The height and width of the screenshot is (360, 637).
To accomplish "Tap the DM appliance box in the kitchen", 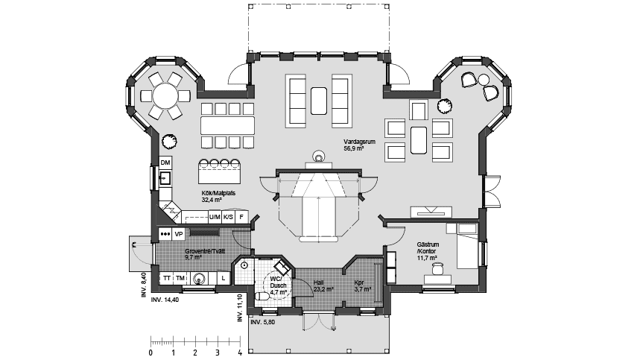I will click(165, 162).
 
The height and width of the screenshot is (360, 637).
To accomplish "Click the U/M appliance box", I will click(215, 217).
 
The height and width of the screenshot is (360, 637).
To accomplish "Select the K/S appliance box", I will click(228, 217).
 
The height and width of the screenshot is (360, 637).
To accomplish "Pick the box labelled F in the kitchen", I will click(241, 217).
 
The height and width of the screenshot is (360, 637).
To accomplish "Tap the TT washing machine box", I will click(167, 278).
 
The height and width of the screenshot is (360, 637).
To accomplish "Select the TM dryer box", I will click(180, 278).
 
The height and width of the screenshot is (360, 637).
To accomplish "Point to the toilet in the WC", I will click(262, 297).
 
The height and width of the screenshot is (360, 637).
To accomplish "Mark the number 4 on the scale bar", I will click(239, 353).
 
